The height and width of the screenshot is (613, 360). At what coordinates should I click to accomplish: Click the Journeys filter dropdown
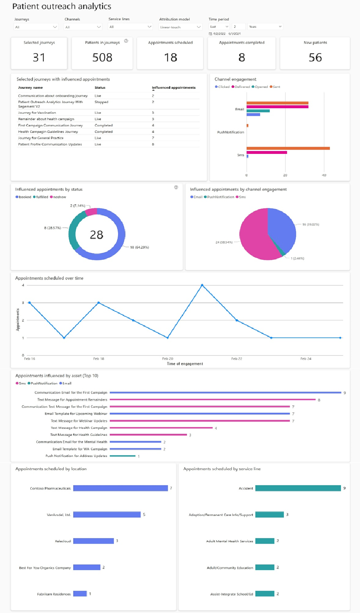(36, 27)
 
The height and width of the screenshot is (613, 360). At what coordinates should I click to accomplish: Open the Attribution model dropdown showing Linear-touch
(180, 27)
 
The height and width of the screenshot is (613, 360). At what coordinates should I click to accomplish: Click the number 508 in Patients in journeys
(102, 58)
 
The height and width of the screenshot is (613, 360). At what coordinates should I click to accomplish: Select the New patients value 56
(315, 58)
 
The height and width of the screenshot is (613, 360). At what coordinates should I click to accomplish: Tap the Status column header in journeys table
(100, 88)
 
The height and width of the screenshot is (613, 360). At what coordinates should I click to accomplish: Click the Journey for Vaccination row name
(37, 113)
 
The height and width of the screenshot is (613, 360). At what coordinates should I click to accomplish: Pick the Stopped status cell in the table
(101, 102)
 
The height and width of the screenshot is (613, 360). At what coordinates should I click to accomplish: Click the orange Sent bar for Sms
(288, 148)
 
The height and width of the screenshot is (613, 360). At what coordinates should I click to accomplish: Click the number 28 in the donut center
(97, 235)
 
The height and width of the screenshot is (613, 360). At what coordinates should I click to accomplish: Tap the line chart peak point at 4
(202, 285)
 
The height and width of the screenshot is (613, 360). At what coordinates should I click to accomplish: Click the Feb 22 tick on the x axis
(237, 359)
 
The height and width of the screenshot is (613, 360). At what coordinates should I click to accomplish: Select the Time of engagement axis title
(185, 364)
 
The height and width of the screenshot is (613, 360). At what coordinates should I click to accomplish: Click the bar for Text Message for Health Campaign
(161, 428)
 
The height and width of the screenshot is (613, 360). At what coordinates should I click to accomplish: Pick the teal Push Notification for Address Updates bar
(123, 456)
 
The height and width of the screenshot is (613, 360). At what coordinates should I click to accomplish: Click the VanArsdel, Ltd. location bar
(107, 514)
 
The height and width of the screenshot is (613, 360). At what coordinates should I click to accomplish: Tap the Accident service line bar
(298, 488)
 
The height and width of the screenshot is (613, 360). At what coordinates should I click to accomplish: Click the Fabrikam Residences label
(54, 594)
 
